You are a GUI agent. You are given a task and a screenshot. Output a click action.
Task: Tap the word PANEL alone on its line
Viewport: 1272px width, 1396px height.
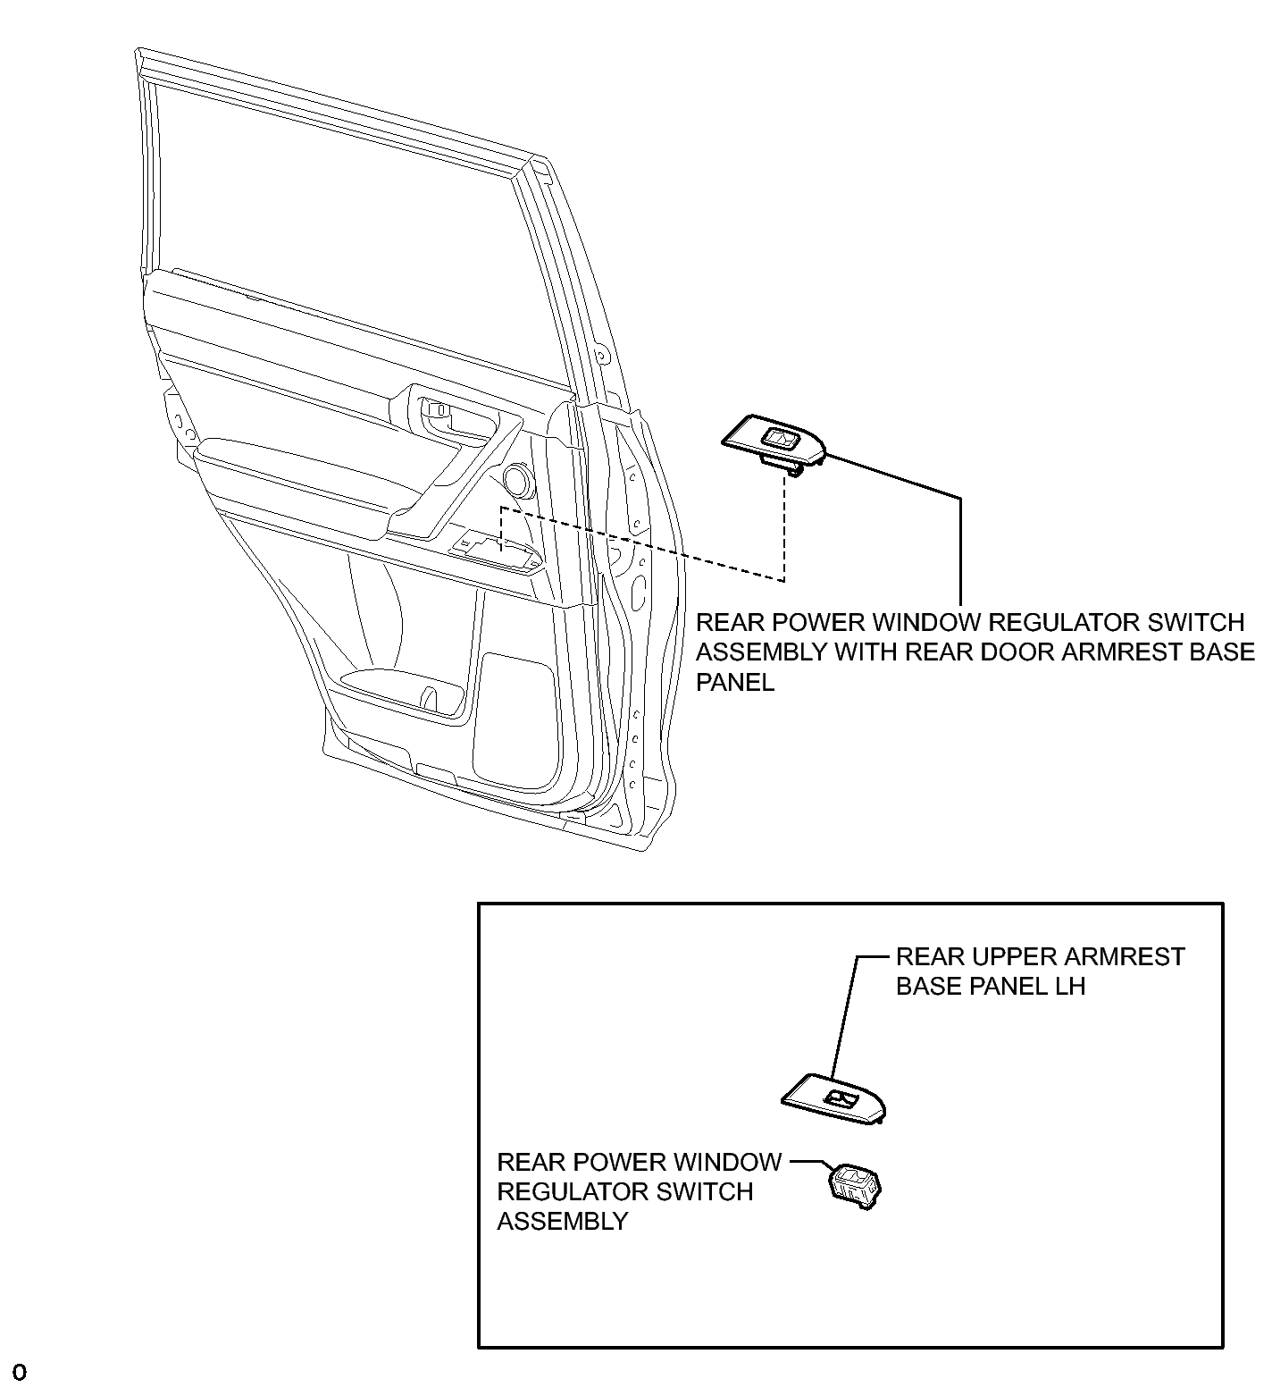point(735,682)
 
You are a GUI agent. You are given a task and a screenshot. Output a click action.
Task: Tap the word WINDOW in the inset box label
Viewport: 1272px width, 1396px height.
point(727,1162)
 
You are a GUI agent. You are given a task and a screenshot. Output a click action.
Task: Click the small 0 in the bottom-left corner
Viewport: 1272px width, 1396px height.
point(20,1372)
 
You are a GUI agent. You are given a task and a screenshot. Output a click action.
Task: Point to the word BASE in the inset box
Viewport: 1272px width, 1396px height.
point(925,987)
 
